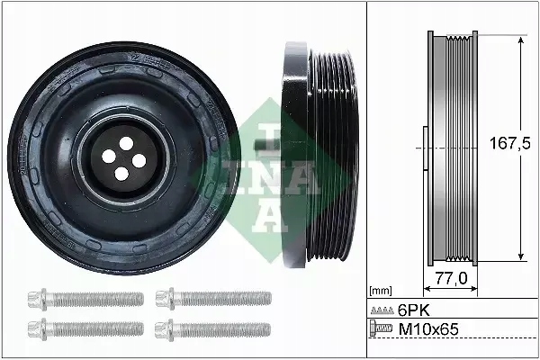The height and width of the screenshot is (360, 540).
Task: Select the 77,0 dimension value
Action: (x=450, y=279)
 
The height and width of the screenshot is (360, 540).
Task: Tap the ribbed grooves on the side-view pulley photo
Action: (x=329, y=153)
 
